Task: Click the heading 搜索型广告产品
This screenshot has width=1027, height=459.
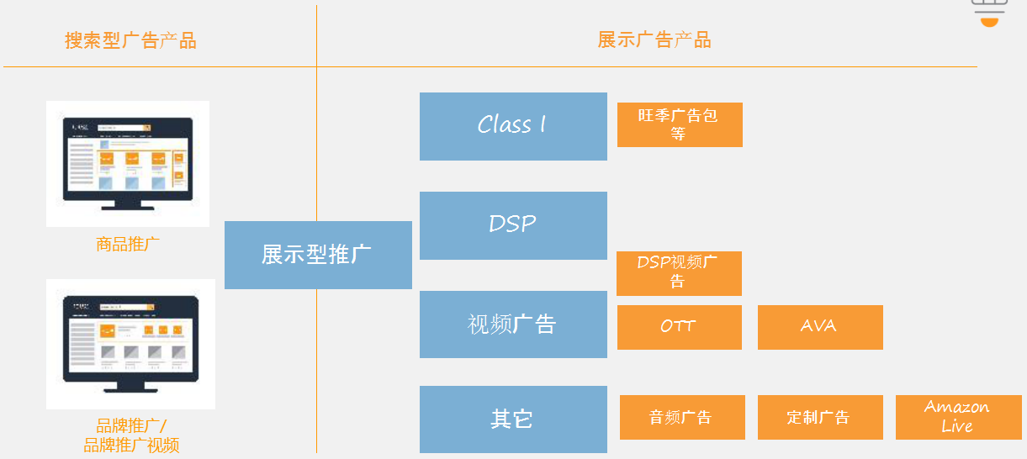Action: click(130, 40)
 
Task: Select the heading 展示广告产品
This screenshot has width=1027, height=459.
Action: click(654, 40)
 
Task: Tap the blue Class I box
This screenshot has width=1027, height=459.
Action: click(513, 126)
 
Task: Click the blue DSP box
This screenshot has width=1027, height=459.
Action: click(513, 225)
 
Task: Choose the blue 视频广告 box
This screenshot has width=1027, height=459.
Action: click(513, 324)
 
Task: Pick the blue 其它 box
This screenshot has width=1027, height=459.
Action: click(513, 419)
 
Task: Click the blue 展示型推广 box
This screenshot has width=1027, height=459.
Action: click(318, 255)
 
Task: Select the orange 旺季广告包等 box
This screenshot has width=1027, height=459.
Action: click(680, 124)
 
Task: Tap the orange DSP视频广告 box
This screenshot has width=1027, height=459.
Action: click(679, 273)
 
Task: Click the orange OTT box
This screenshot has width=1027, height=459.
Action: click(679, 327)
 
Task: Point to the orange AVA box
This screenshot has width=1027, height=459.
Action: click(820, 327)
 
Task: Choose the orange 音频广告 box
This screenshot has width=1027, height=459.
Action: click(682, 417)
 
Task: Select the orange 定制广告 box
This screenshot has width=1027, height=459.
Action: click(820, 417)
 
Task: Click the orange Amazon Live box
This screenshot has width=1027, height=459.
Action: click(958, 417)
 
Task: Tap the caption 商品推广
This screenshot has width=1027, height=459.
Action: click(128, 245)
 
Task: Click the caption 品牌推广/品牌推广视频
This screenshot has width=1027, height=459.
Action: click(131, 435)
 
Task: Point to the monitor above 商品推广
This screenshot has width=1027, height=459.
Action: click(128, 163)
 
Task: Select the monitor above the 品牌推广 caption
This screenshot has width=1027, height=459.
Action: click(130, 343)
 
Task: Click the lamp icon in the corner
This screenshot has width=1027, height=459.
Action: click(989, 13)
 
